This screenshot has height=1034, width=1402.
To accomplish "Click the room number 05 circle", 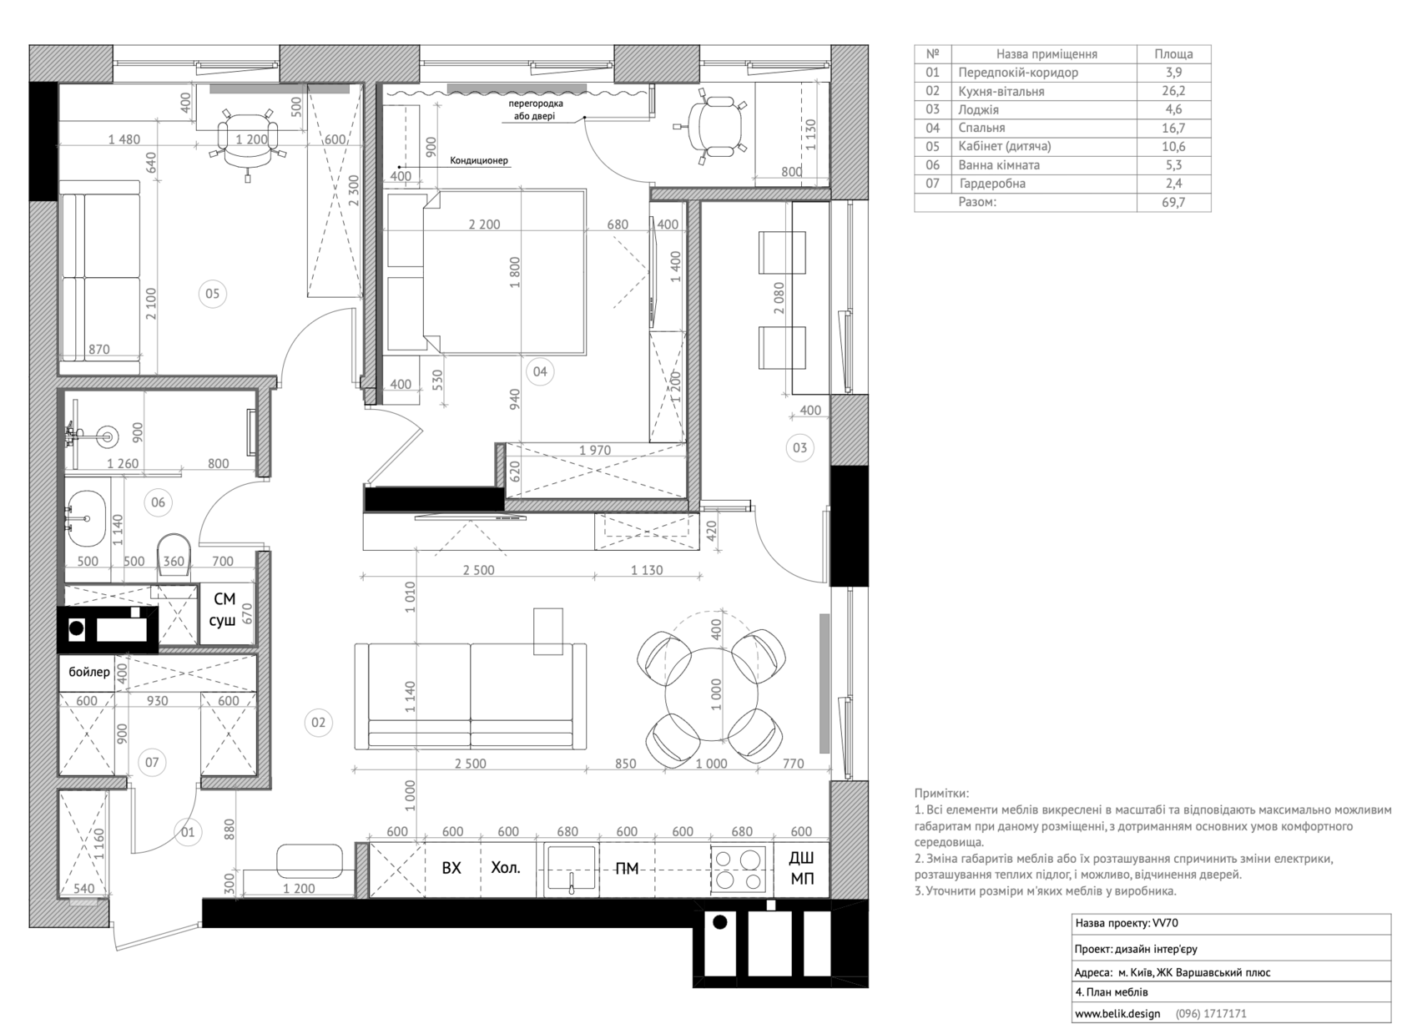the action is tap(212, 294).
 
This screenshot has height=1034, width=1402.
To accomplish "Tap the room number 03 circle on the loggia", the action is tap(799, 447).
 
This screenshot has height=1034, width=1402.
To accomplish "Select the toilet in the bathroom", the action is tap(174, 554).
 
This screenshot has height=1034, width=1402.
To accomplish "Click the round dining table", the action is tap(712, 694).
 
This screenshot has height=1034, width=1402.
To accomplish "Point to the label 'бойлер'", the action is tap(88, 672).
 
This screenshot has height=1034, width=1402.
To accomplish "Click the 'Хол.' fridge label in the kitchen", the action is tap(506, 868).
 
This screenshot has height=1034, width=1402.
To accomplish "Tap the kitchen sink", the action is tap(571, 870).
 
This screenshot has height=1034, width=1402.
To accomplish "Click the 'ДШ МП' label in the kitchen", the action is tap(802, 869).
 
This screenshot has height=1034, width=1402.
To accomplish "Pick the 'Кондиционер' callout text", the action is tap(479, 161).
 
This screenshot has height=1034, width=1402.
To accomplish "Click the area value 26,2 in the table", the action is tap(1173, 91).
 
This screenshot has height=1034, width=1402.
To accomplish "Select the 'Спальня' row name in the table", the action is tap(981, 129).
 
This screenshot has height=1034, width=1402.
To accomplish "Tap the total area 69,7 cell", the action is tap(1173, 202).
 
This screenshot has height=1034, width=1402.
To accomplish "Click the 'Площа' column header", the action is tap(1173, 53).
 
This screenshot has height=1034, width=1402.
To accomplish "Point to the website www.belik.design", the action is tap(1117, 1013).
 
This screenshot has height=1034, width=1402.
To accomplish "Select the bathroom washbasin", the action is tap(86, 519).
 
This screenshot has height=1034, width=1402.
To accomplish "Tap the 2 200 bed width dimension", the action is tap(484, 224).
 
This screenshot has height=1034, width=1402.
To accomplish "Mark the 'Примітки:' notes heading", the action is tap(941, 794).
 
